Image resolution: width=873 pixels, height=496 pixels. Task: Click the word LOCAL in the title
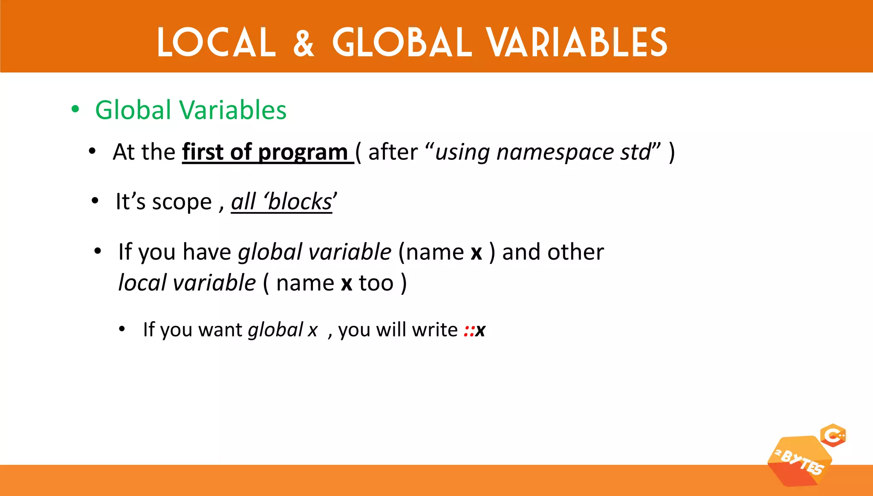[x=217, y=42]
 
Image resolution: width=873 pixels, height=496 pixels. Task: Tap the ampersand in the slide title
[x=304, y=43]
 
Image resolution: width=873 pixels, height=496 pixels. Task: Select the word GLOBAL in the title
[x=402, y=42]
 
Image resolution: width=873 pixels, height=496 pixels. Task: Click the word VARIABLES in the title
[x=577, y=42]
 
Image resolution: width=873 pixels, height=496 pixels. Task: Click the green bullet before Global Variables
[x=75, y=109]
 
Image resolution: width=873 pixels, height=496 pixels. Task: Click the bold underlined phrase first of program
[x=265, y=152]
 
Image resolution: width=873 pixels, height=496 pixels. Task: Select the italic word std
[x=636, y=152]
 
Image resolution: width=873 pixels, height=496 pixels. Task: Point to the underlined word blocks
[x=299, y=202]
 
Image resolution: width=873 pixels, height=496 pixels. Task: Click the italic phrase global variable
[x=315, y=252]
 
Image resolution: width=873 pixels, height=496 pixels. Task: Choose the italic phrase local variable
[x=187, y=283]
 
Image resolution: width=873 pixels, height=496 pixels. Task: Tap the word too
[x=376, y=283]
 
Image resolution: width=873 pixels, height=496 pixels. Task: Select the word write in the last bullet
[x=435, y=330]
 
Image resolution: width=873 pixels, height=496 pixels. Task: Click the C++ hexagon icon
[x=833, y=435]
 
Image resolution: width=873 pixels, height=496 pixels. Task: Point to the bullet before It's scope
[x=95, y=200]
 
